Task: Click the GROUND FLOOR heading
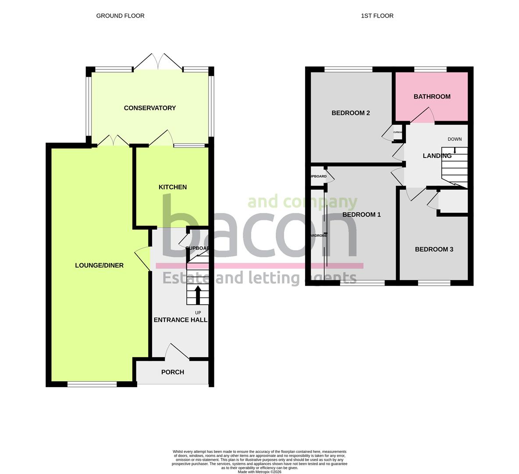(x=120, y=16)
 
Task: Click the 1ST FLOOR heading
(x=377, y=16)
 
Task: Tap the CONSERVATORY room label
(x=149, y=108)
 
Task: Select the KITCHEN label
(x=173, y=187)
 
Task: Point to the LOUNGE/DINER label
(x=99, y=265)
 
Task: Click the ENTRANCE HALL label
(x=180, y=320)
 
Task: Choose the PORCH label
(x=173, y=372)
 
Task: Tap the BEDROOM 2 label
(x=351, y=113)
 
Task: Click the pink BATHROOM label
(x=432, y=97)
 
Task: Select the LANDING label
(x=437, y=156)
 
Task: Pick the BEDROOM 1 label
(x=361, y=215)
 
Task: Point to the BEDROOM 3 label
(x=434, y=249)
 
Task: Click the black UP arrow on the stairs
(x=197, y=294)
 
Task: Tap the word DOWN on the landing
(x=455, y=139)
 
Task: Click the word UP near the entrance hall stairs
(x=198, y=312)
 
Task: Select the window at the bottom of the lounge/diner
(x=92, y=384)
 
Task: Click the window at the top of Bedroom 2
(x=348, y=69)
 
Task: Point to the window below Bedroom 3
(x=434, y=283)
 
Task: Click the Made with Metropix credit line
(x=259, y=472)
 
